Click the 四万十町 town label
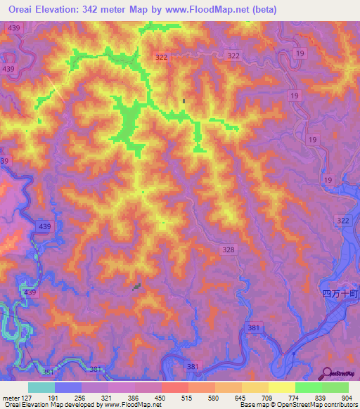coord(340,294)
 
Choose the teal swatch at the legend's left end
coord(41,387)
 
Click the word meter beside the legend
coord(11,397)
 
